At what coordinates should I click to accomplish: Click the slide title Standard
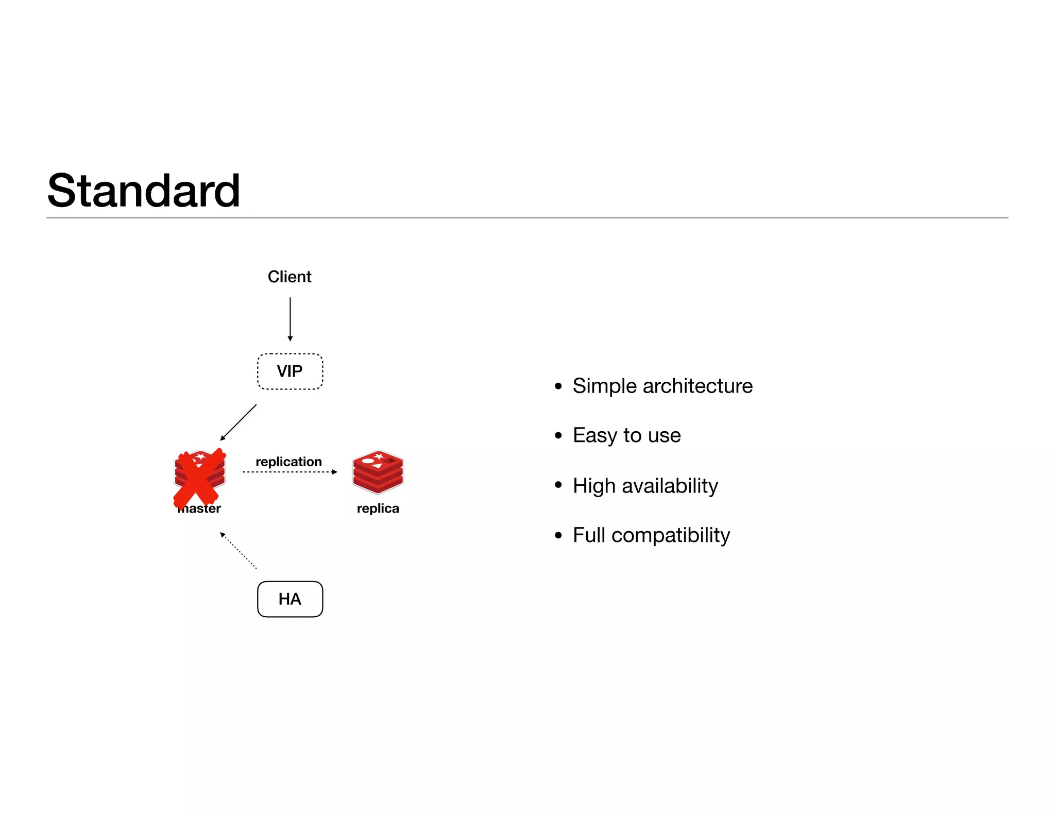pyautogui.click(x=144, y=191)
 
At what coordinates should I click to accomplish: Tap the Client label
pyautogui.click(x=290, y=277)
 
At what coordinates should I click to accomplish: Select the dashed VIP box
pyautogui.click(x=290, y=371)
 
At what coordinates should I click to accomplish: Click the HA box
pyautogui.click(x=290, y=599)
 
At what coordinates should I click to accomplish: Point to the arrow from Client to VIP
pyautogui.click(x=290, y=319)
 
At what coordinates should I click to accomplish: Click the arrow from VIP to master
pyautogui.click(x=239, y=422)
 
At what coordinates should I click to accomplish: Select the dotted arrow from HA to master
pyautogui.click(x=238, y=550)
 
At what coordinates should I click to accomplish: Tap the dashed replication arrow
pyautogui.click(x=290, y=472)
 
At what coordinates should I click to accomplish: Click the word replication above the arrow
pyautogui.click(x=288, y=462)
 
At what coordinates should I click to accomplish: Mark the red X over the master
pyautogui.click(x=199, y=478)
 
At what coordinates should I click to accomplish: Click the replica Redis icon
pyautogui.click(x=378, y=472)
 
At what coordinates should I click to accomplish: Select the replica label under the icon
pyautogui.click(x=378, y=508)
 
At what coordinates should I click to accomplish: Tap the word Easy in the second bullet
pyautogui.click(x=595, y=436)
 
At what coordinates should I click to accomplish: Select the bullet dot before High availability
pyautogui.click(x=558, y=485)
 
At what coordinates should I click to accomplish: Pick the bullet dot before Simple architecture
pyautogui.click(x=558, y=386)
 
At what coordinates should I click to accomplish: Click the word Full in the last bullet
pyautogui.click(x=589, y=535)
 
